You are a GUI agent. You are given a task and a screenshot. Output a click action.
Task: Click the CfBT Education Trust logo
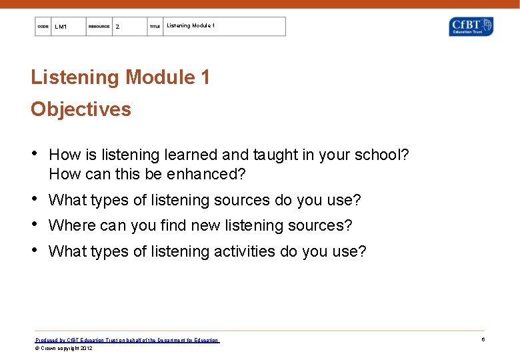point(471,27)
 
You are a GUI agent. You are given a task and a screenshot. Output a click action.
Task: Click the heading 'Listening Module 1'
point(120,77)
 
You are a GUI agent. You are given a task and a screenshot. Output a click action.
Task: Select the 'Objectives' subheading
point(81,109)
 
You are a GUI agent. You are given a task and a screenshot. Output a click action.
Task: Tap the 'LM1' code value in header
point(61,27)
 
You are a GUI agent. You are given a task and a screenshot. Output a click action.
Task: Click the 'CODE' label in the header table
point(43,27)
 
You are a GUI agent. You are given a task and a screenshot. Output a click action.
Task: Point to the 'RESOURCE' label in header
point(99,27)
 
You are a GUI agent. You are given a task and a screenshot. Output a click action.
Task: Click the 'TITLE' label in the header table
point(155,27)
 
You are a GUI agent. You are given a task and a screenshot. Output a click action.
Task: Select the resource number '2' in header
point(117,27)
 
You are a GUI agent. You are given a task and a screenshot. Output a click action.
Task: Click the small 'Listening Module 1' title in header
point(191,26)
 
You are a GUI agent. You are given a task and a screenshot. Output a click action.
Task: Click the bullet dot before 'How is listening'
point(35,154)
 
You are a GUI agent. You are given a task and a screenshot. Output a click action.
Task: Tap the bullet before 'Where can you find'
point(35,225)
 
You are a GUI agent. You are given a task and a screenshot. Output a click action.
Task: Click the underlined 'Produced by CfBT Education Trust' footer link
point(127,340)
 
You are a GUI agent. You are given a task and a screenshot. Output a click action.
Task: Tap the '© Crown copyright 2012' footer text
point(64,348)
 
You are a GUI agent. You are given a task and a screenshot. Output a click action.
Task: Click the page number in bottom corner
point(483,340)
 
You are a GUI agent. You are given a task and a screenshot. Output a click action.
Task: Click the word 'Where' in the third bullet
point(72,226)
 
